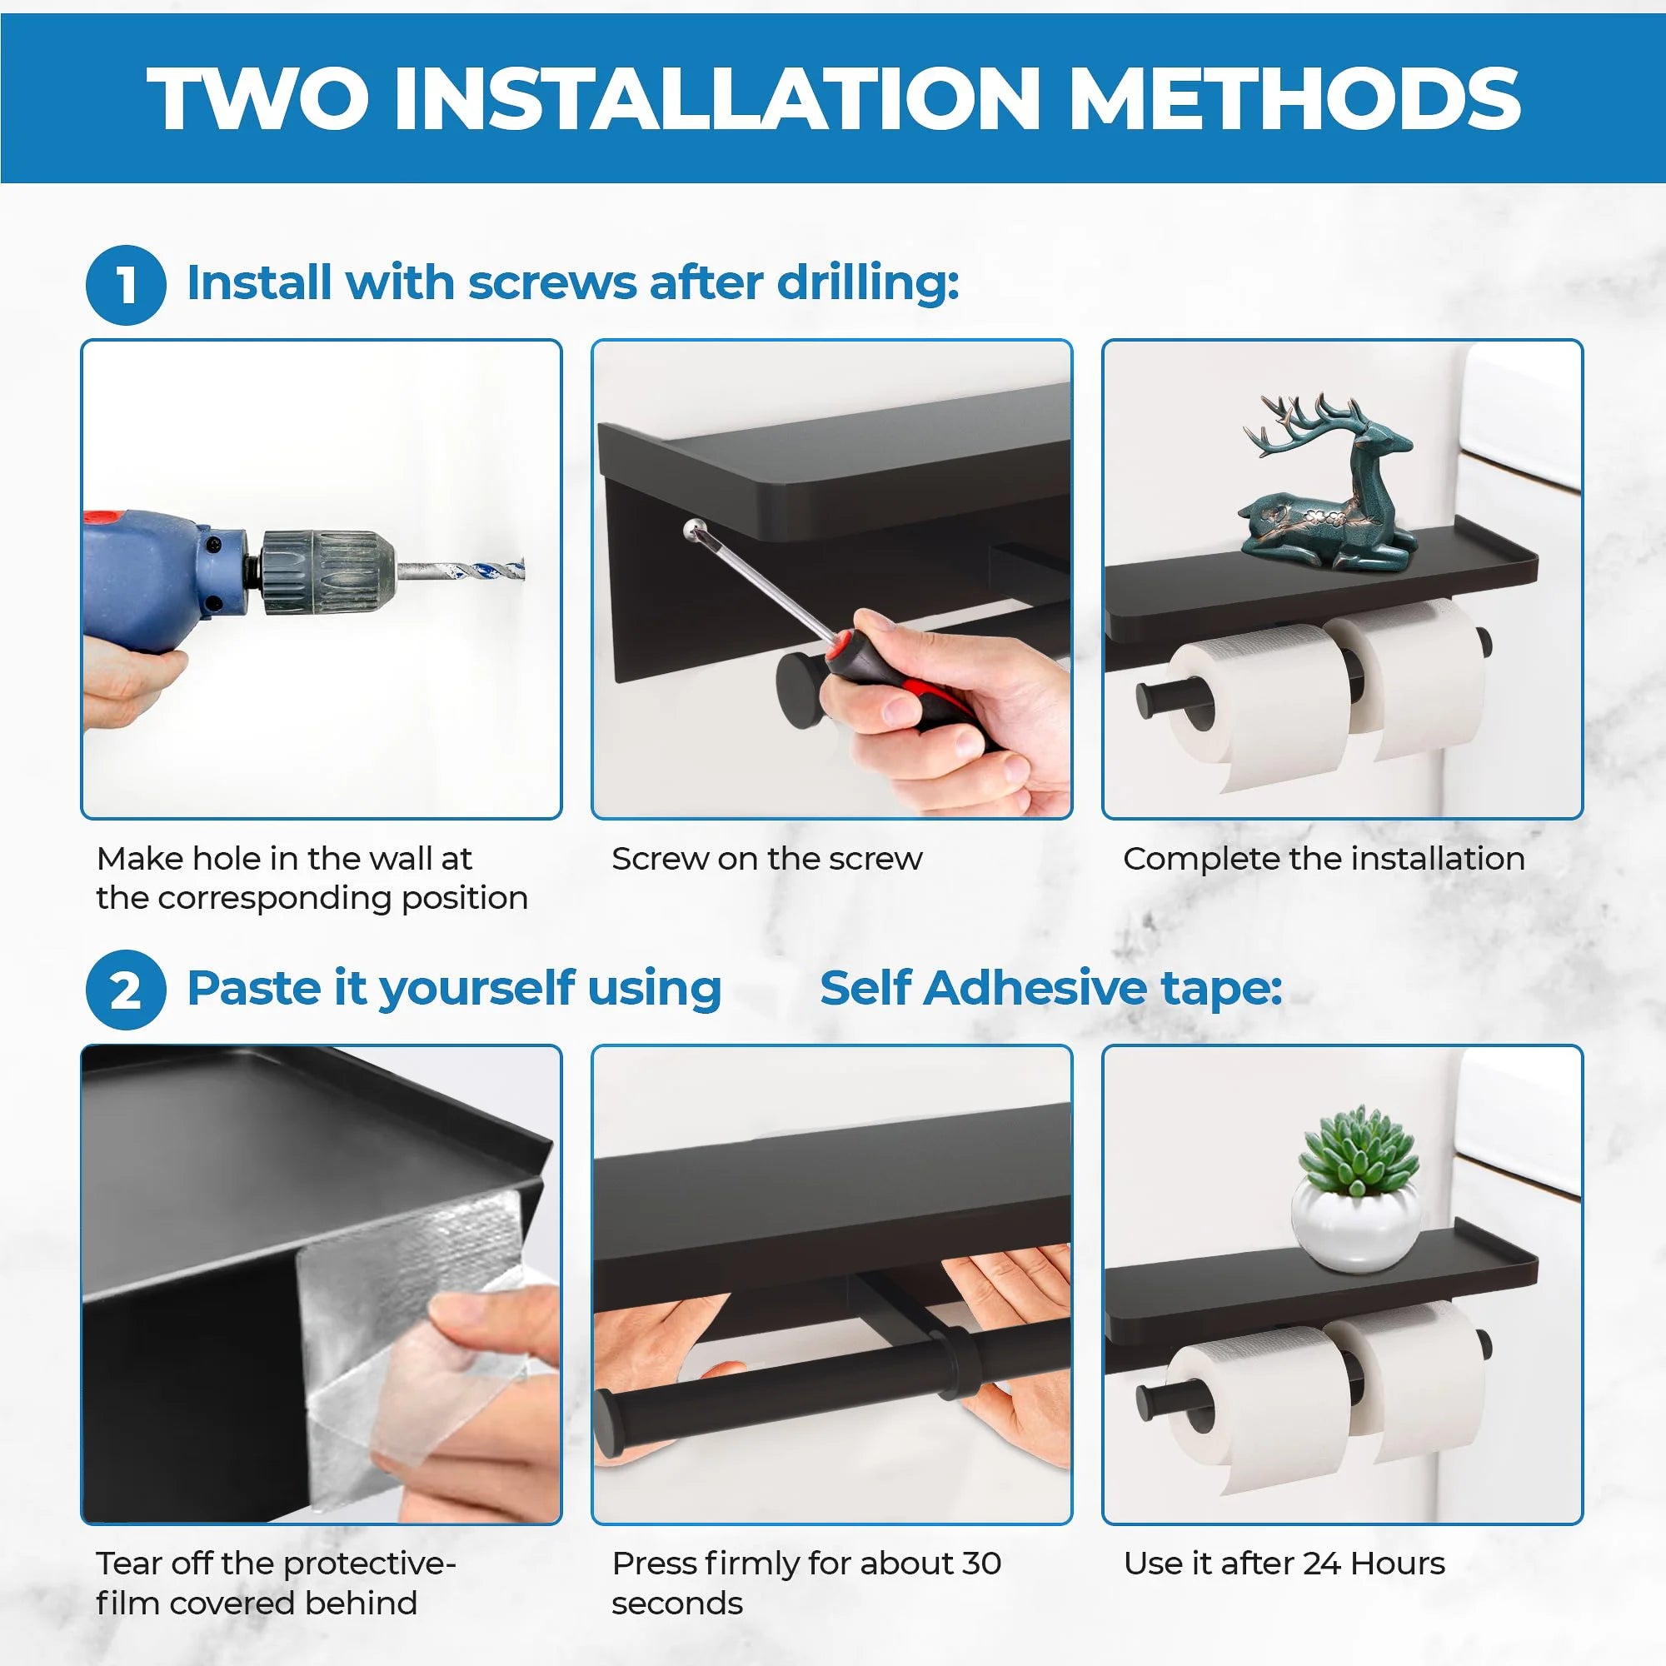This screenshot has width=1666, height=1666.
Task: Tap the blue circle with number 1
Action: (125, 285)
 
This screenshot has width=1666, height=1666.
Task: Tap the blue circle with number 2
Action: (125, 989)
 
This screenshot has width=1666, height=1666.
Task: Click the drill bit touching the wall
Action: (466, 570)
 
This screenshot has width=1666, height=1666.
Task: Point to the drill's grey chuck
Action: (326, 571)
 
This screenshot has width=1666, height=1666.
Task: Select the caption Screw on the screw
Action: (766, 859)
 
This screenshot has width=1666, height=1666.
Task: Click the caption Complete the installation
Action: (1324, 859)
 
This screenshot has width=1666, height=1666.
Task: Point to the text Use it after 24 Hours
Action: (1283, 1564)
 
